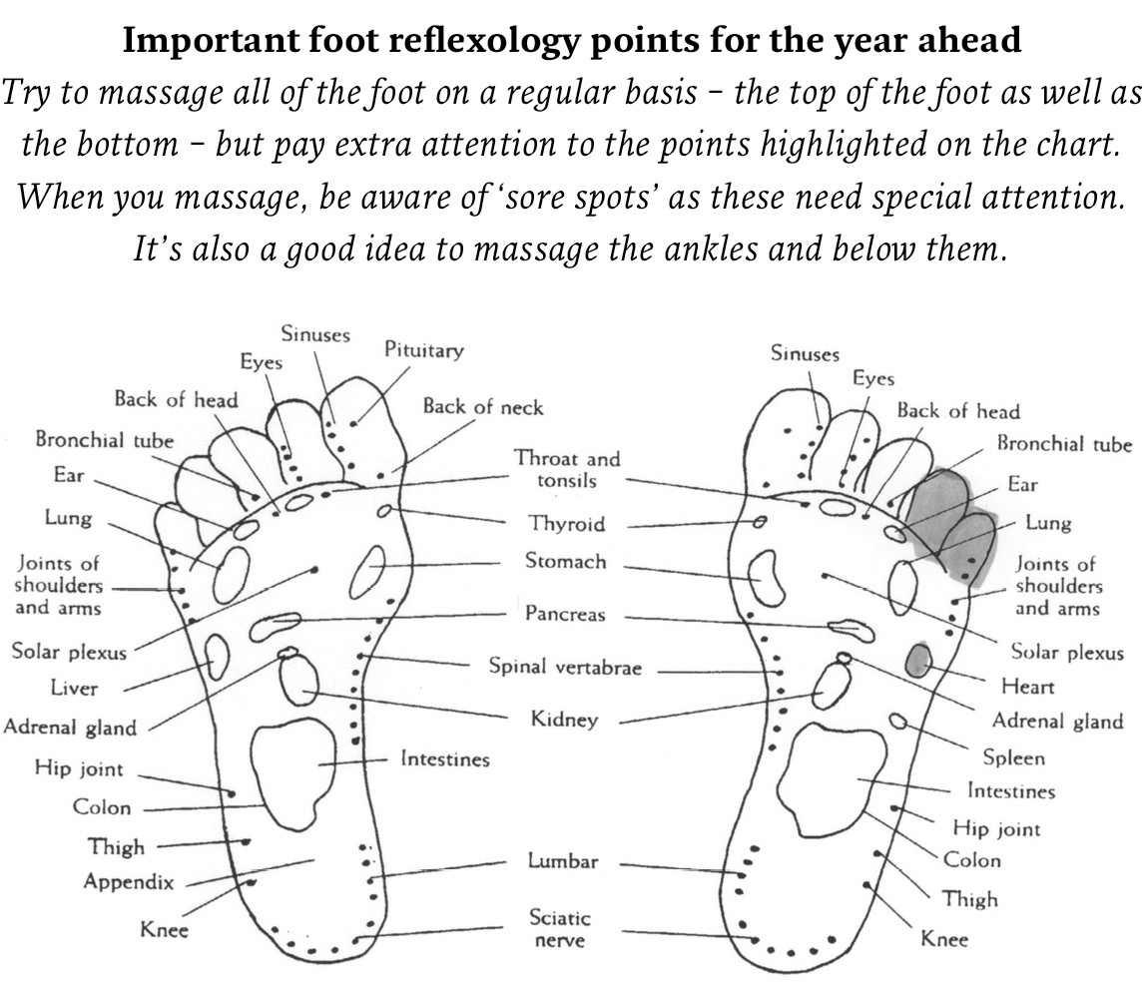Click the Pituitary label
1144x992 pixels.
424,350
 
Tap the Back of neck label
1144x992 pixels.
483,406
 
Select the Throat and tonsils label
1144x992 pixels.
567,469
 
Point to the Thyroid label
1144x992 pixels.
567,524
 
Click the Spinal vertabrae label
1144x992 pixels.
565,667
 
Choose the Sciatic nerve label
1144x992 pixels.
560,928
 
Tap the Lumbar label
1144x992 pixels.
562,860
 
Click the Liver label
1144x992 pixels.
74,688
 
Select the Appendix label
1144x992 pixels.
129,882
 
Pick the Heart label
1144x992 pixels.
1027,687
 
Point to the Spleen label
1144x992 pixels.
1013,757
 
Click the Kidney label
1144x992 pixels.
564,720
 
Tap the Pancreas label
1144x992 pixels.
565,614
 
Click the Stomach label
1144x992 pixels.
565,561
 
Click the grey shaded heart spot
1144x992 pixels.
918,660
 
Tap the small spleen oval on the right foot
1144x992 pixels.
898,722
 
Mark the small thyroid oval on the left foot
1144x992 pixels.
384,511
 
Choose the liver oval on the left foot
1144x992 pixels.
216,655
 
